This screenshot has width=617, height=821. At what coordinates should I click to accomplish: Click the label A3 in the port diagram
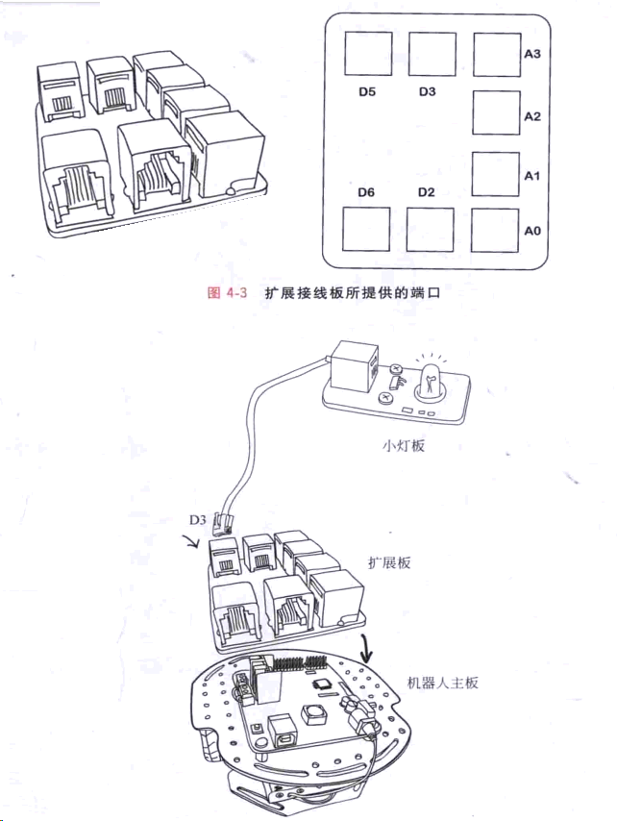pos(531,55)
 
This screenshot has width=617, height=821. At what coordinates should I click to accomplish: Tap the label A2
pos(531,116)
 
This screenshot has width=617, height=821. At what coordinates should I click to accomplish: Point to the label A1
pos(531,177)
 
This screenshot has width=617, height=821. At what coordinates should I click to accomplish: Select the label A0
pos(531,231)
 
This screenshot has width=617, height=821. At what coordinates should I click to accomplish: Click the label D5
pos(365,92)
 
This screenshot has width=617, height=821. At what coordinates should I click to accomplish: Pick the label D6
pos(365,192)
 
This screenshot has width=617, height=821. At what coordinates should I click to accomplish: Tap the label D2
pos(427,192)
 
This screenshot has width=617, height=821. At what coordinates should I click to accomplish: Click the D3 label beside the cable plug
pos(197,521)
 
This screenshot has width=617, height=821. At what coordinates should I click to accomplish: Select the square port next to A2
pos(497,112)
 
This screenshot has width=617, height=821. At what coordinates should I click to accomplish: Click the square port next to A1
pos(497,173)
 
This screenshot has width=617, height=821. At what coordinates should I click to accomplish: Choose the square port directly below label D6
pos(367,229)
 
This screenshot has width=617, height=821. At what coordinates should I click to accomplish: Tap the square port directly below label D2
pos(430,229)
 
